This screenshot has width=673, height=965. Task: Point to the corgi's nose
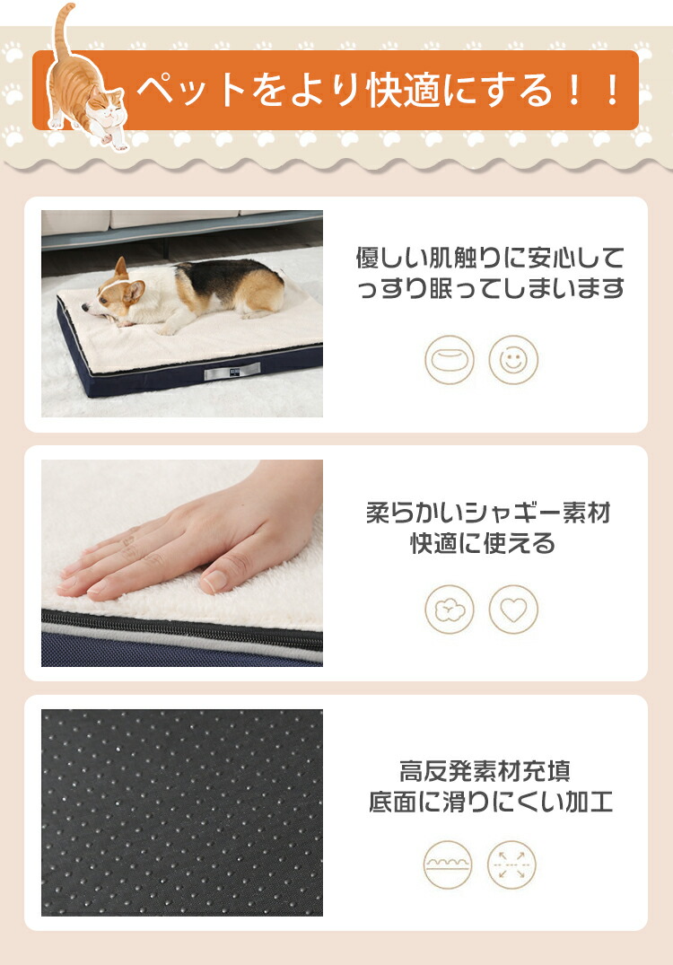[85, 306]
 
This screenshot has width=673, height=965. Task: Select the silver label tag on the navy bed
[232, 371]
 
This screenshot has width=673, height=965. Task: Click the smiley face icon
[513, 360]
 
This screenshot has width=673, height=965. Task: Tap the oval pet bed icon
[450, 360]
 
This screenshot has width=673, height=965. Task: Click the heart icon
[513, 610]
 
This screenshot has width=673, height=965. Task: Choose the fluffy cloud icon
[450, 610]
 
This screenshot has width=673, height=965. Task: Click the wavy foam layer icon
[448, 864]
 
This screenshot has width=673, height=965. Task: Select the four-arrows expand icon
[511, 864]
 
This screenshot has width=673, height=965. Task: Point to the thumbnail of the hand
[182, 563]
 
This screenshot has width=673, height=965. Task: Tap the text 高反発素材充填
[485, 770]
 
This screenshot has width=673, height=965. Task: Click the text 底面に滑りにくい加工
[490, 802]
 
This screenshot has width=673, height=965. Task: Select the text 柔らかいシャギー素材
[488, 512]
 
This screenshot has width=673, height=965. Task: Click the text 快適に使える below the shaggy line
[483, 543]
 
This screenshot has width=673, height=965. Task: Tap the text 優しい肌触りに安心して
[490, 258]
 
